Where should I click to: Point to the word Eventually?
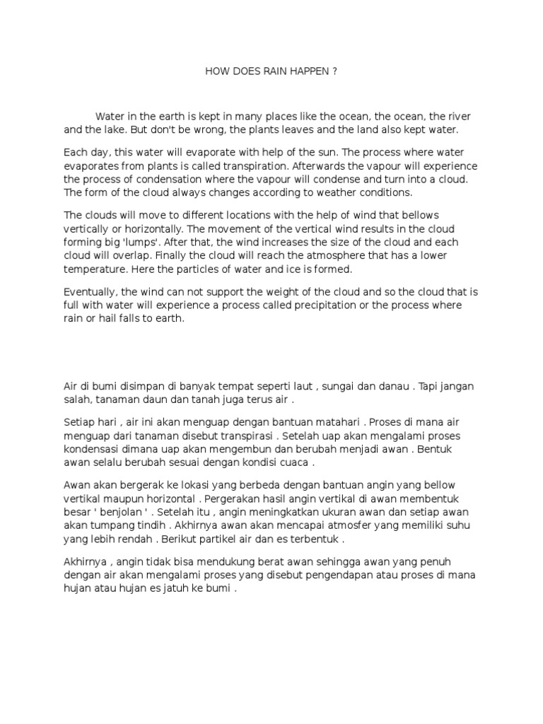(90, 291)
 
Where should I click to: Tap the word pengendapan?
(336, 575)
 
